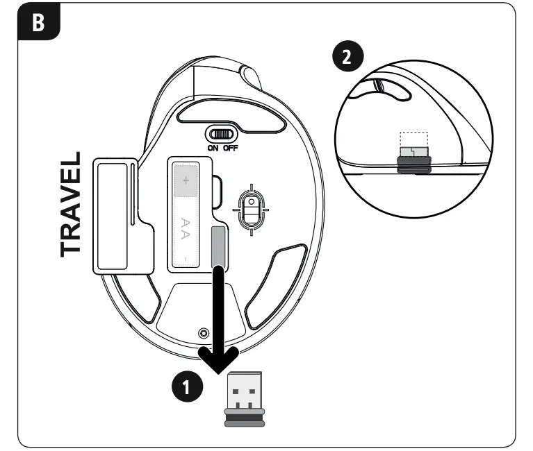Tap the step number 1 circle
(x=183, y=386)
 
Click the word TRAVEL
(x=71, y=204)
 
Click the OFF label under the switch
(x=230, y=148)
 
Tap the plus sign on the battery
(x=186, y=180)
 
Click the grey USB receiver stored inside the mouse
(x=218, y=245)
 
